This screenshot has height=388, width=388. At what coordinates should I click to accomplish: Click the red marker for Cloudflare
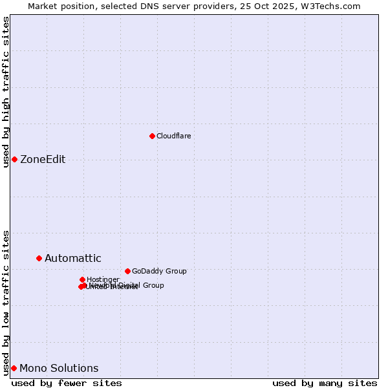(x=152, y=136)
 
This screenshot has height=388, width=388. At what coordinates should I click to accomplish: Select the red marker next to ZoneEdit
(x=14, y=159)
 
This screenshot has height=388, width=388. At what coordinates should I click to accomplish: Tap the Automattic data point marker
(x=39, y=258)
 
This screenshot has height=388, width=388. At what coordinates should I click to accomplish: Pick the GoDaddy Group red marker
(x=127, y=271)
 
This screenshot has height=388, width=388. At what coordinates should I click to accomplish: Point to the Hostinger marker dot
(x=82, y=279)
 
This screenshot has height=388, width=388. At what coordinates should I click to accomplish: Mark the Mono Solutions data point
(x=14, y=368)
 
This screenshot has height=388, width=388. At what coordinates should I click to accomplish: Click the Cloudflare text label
(x=173, y=136)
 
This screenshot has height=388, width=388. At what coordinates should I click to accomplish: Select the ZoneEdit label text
(x=43, y=160)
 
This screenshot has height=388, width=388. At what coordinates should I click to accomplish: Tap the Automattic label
(x=72, y=259)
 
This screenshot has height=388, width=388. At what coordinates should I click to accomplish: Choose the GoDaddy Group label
(x=158, y=271)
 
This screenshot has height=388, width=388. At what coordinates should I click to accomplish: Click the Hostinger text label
(x=103, y=279)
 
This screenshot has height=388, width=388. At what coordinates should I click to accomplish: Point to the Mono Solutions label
(x=59, y=369)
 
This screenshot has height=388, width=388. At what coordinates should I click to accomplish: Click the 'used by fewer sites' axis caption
(x=67, y=383)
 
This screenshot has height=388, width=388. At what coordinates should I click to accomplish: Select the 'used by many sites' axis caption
(x=325, y=383)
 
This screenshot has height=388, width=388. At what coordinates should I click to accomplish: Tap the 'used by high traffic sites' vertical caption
(x=6, y=92)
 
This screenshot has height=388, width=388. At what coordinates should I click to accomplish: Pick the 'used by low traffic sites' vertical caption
(x=6, y=302)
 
